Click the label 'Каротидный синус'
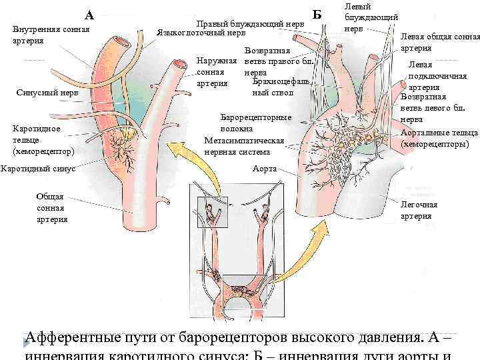tap(38, 168)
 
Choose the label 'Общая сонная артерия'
tap(53, 207)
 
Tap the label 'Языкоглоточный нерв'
tap(201, 33)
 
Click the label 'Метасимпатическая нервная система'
tap(245, 146)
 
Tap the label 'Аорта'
tap(265, 169)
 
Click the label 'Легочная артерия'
tap(419, 210)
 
